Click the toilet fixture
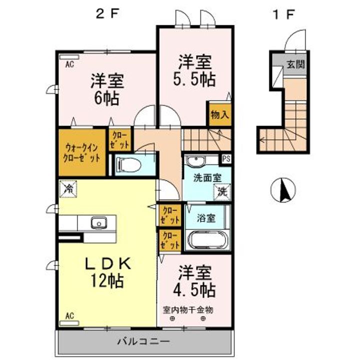tap(128, 165)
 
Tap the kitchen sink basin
tap(99, 223)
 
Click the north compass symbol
tap(283, 190)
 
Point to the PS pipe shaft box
tap(226, 159)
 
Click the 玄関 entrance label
tap(296, 64)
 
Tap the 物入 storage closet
tap(220, 114)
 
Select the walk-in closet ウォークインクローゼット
tap(82, 152)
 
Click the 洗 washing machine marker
tap(222, 192)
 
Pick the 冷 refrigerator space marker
tap(68, 189)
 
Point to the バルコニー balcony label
tap(144, 341)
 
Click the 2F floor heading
tap(107, 14)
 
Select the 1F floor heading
tap(283, 14)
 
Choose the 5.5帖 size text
tap(194, 79)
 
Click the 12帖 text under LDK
tap(107, 280)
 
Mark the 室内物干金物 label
tap(188, 310)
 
